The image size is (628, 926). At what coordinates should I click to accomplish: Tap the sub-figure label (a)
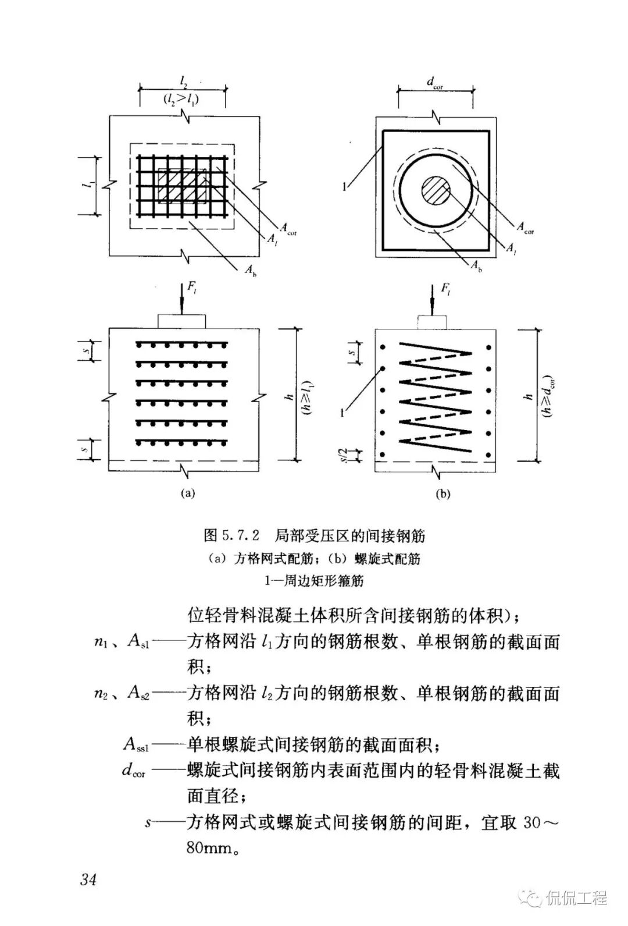187,493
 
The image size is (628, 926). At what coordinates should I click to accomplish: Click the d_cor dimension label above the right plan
435,83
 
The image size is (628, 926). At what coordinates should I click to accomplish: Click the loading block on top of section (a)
181,321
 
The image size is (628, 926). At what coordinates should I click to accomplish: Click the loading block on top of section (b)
432,321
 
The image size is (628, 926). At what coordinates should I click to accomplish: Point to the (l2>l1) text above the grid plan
181,100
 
